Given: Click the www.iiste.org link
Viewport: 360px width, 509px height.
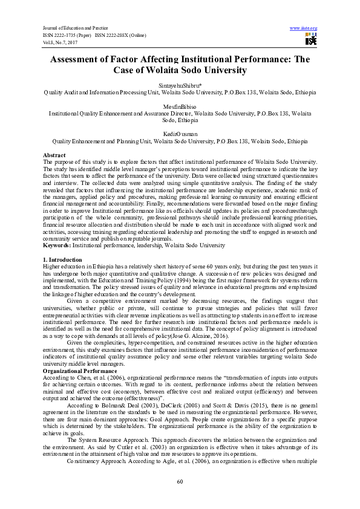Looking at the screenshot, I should tap(304, 28).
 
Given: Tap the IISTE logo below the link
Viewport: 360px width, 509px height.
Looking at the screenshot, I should tap(311, 40).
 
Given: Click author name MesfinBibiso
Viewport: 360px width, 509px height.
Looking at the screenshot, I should tap(180, 106).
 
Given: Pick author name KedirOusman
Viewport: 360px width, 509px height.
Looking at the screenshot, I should tap(180, 134).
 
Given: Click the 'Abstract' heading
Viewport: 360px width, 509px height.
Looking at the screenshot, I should tap(54, 155).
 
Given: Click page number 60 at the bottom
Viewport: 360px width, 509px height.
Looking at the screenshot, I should tap(180, 481).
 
